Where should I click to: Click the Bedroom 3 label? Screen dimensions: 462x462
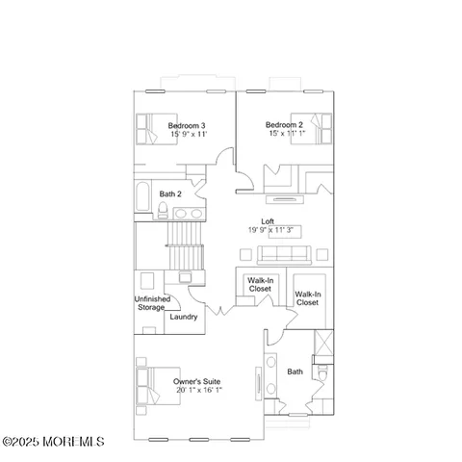point(187,125)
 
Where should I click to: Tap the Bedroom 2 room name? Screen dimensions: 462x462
point(284,125)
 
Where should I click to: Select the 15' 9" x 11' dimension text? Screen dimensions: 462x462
point(187,135)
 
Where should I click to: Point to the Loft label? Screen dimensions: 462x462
point(281,221)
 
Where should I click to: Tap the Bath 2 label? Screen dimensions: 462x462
point(170,193)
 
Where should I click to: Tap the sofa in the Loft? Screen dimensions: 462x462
point(282,255)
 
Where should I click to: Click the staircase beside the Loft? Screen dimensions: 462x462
point(185,245)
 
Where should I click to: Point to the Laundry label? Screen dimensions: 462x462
point(183,317)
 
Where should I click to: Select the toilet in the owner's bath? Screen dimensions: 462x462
point(325,372)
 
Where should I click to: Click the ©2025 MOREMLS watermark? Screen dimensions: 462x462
point(53,442)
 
